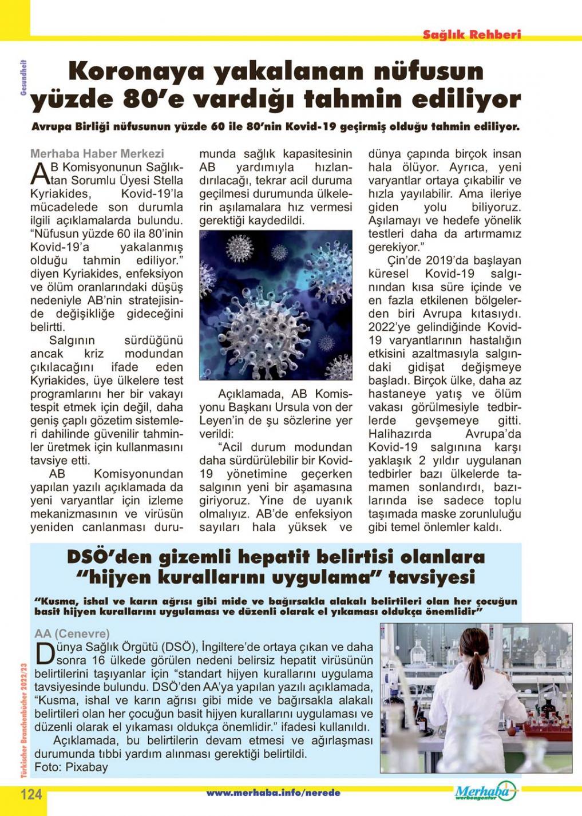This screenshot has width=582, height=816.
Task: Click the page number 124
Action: pyautogui.click(x=31, y=794)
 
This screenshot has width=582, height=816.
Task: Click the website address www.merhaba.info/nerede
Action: pyautogui.click(x=273, y=793)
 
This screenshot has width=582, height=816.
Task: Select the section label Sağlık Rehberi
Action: pyautogui.click(x=472, y=34)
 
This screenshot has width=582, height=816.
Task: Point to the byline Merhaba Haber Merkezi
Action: pyautogui.click(x=97, y=153)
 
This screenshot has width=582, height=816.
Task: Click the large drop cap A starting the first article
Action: pyautogui.click(x=38, y=173)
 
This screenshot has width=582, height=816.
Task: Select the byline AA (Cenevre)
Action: pyautogui.click(x=72, y=633)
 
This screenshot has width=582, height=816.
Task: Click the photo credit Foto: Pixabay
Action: pyautogui.click(x=71, y=767)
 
